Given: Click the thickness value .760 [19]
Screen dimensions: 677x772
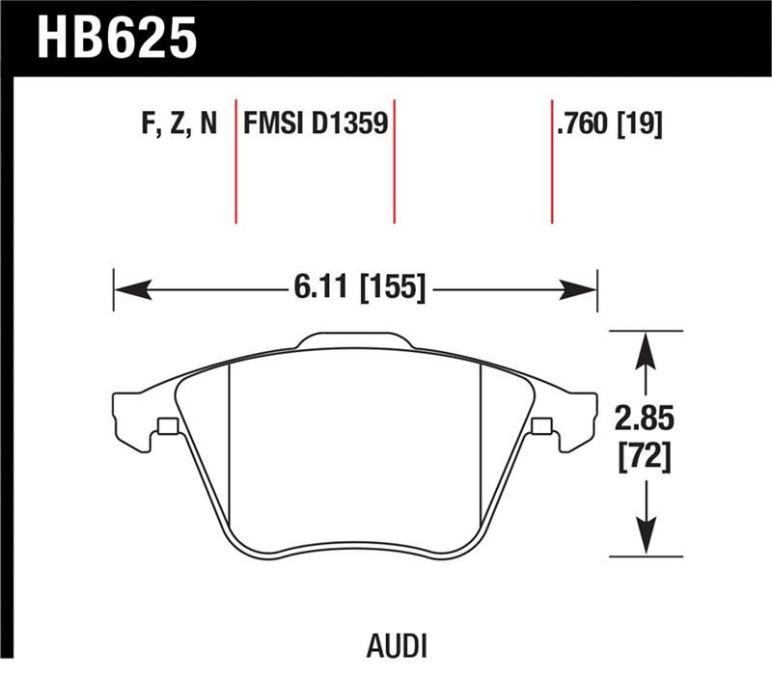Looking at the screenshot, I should tap(608, 123).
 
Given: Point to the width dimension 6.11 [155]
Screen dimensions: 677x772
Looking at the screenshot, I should tap(357, 286).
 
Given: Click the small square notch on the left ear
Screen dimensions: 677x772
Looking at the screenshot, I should tap(167, 425).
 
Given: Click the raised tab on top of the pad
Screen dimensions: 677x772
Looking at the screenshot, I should tap(355, 340).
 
